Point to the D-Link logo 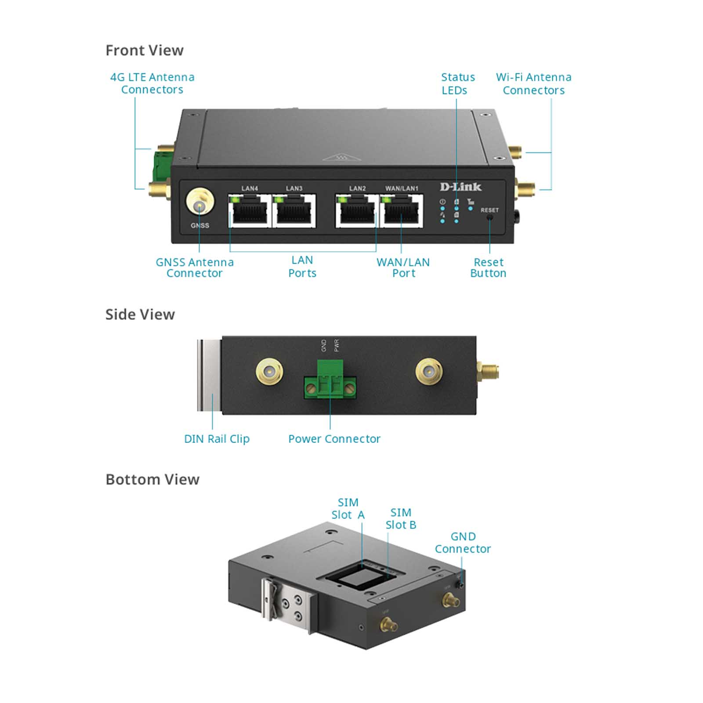pyautogui.click(x=460, y=187)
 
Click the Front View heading pyautogui.click(x=145, y=51)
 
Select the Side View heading pyautogui.click(x=140, y=315)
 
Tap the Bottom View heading pyautogui.click(x=152, y=479)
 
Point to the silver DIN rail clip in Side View pyautogui.click(x=209, y=375)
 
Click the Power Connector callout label pyautogui.click(x=334, y=439)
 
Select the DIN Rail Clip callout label pyautogui.click(x=217, y=439)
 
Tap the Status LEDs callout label pyautogui.click(x=457, y=84)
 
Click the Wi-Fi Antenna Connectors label pyautogui.click(x=533, y=84)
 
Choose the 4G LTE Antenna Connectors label pyautogui.click(x=152, y=83)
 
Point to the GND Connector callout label pyautogui.click(x=463, y=543)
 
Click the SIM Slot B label pyautogui.click(x=401, y=519)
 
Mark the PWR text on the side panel pyautogui.click(x=337, y=346)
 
